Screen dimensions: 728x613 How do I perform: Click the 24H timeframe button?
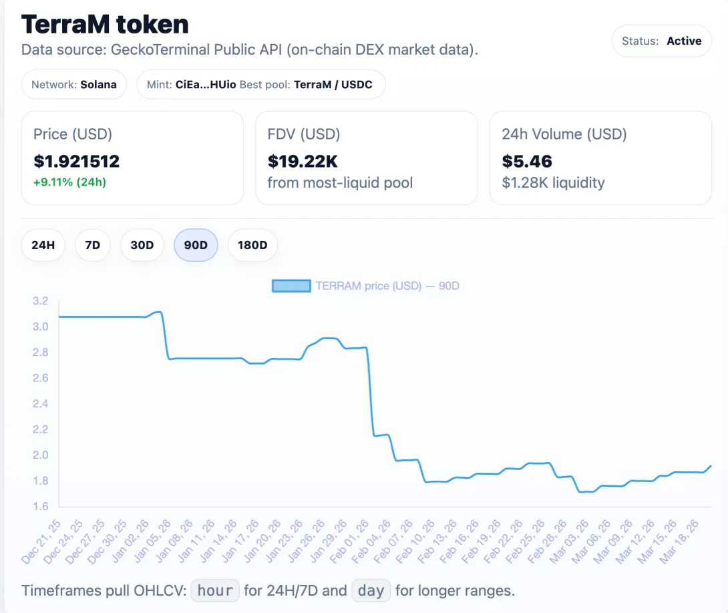(43, 245)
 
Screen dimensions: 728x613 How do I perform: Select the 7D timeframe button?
(92, 245)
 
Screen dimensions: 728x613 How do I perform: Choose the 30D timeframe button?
(142, 245)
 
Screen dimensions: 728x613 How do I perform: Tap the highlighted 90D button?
(196, 245)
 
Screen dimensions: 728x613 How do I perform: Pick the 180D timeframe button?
(252, 245)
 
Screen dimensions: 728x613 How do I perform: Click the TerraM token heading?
(105, 24)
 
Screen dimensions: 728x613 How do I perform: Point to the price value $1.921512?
(77, 162)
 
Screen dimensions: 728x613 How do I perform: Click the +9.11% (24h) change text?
(69, 182)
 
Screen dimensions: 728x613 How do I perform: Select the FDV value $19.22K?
(303, 162)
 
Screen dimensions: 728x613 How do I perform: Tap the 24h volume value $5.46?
(527, 162)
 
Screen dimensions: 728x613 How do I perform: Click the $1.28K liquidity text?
(553, 183)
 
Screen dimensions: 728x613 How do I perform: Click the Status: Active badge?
(662, 41)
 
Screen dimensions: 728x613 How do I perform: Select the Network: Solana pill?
(74, 84)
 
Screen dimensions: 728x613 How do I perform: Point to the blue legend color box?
(291, 286)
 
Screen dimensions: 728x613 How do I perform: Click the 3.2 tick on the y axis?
(40, 300)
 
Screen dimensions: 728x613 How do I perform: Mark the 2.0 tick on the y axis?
(40, 455)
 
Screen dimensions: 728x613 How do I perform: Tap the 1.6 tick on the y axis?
(40, 506)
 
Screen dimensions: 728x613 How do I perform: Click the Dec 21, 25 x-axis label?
(41, 542)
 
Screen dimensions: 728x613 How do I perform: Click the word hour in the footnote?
(215, 590)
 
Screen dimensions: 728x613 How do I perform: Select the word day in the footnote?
(371, 590)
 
